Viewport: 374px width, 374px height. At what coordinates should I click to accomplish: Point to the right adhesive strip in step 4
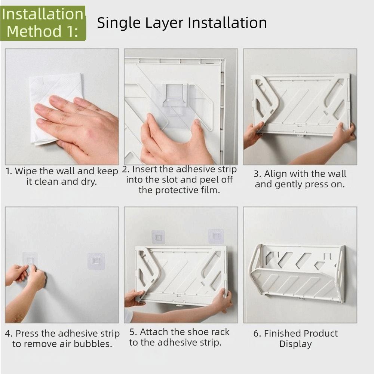pos(96,261)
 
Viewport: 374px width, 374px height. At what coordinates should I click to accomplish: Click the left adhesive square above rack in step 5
pos(158,237)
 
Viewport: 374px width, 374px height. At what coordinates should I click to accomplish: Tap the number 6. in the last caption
pos(257,334)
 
